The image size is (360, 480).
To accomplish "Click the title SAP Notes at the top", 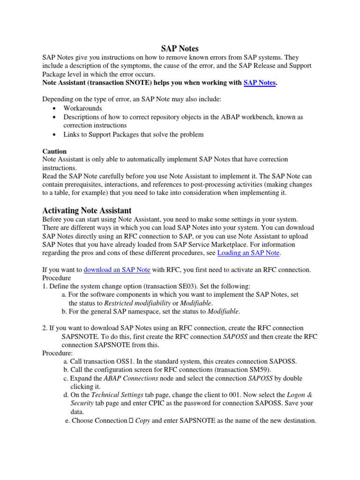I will [x=180, y=48].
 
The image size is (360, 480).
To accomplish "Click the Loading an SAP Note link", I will [x=248, y=253].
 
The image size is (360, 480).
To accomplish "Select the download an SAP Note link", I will [x=111, y=270].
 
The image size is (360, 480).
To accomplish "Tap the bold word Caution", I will [x=54, y=151].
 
